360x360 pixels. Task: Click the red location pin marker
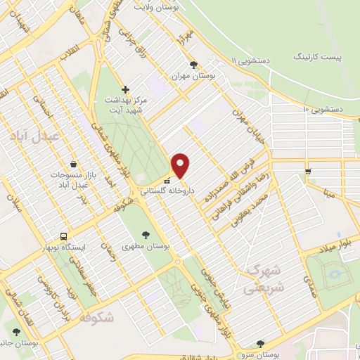tap(181, 165)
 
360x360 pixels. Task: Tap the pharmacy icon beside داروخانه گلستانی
tap(157, 190)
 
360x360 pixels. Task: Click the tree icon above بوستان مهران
tap(213, 65)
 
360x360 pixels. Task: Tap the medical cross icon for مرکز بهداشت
tap(125, 89)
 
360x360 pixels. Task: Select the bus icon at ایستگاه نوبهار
tap(64, 237)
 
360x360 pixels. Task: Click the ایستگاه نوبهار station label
tap(64, 248)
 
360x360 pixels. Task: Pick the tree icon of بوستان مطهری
tap(146, 235)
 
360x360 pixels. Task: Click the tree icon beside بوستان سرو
tap(261, 344)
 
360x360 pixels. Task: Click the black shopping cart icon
tap(308, 171)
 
